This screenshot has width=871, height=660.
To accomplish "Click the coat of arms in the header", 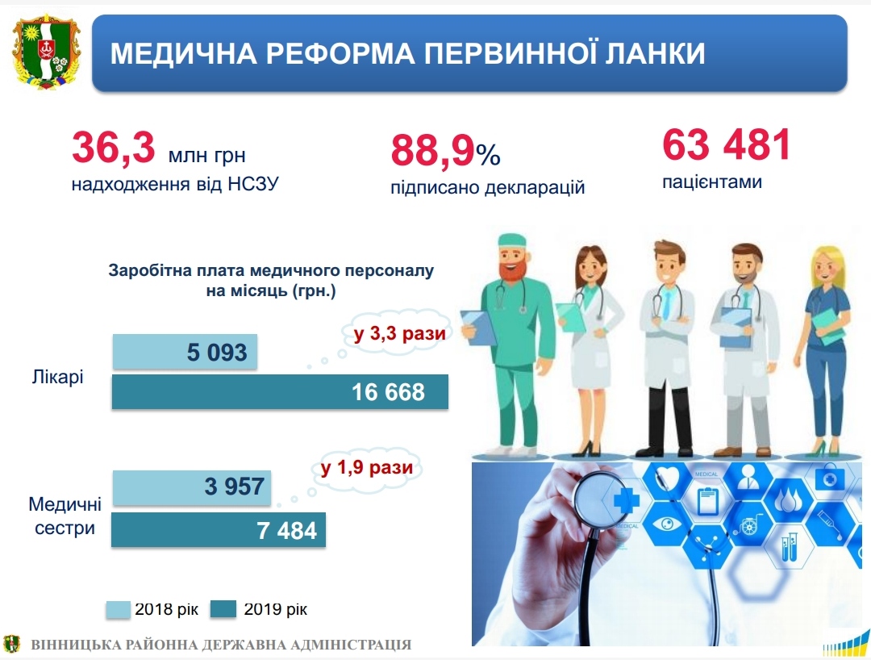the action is [47, 52].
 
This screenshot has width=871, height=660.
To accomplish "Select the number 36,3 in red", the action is [114, 147].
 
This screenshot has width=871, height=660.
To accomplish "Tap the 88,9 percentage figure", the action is [445, 151].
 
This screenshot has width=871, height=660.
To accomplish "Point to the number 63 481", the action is [726, 144].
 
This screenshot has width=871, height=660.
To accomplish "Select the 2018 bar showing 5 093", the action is [185, 352].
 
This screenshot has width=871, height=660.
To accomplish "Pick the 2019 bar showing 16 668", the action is [280, 391].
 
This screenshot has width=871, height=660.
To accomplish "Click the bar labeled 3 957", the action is [192, 487].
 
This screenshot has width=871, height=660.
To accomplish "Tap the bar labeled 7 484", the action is [219, 530].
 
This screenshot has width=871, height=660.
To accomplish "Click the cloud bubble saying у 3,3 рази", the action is [399, 332].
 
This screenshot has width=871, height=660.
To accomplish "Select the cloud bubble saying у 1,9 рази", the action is [367, 468].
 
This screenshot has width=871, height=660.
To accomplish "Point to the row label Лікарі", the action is [57, 377].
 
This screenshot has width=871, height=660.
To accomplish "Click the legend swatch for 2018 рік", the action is [118, 609].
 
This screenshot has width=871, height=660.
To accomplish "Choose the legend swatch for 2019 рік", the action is [223, 609].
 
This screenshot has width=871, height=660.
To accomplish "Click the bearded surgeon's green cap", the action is [511, 240].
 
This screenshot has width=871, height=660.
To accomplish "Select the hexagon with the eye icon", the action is [667, 524].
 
